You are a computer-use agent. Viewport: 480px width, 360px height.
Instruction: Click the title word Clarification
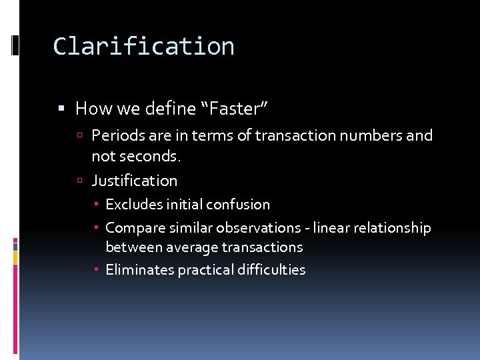pos(143,46)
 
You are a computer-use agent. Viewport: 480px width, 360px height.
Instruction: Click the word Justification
pos(134,181)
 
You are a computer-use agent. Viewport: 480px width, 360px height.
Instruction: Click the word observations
pos(260,228)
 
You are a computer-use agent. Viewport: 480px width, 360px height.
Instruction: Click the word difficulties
pos(272,270)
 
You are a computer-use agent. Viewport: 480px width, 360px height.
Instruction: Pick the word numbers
pos(371,135)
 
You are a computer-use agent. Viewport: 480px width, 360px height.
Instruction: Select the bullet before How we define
pos(61,108)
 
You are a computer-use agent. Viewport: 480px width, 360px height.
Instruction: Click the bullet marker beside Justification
pos(79,181)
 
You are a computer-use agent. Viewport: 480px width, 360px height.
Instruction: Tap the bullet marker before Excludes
pos(97,205)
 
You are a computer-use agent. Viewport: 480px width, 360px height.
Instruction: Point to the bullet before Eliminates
pos(97,270)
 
